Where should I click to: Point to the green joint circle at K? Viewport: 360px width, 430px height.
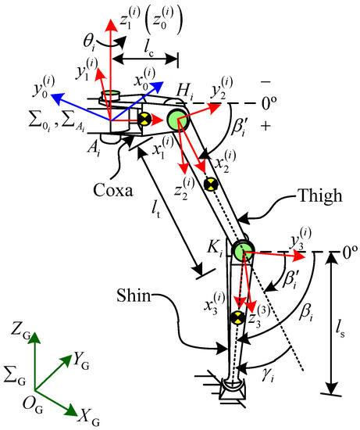(x=242, y=249)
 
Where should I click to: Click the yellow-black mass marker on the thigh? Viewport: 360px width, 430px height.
(x=209, y=185)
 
